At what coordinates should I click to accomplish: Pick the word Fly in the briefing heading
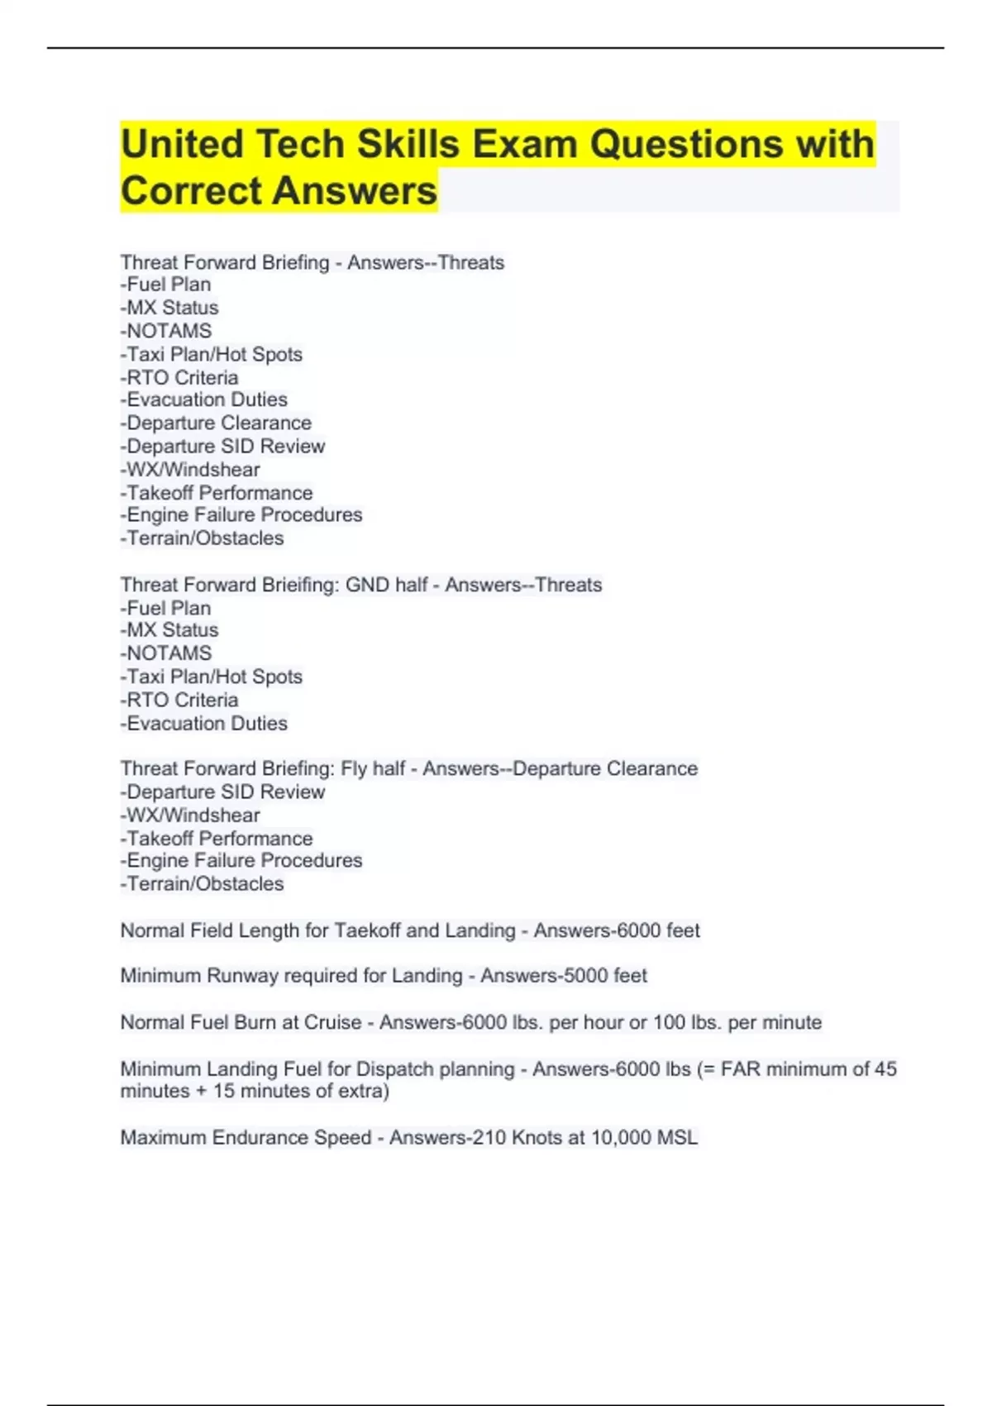(x=354, y=768)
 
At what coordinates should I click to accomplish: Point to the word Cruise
(x=333, y=1022)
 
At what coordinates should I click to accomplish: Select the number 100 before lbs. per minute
(x=669, y=1022)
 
